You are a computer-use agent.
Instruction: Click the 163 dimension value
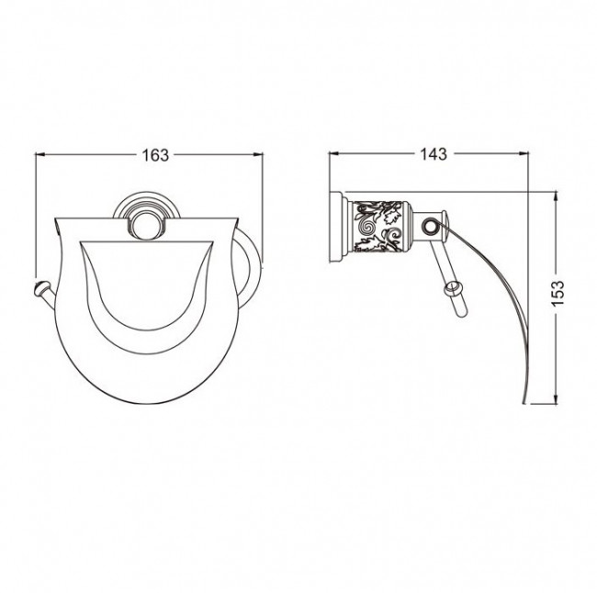pos(155,155)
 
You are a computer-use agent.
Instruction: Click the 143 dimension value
pos(434,154)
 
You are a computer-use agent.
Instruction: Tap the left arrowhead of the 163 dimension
pos(40,154)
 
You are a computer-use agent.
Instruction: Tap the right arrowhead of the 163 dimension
pos(258,154)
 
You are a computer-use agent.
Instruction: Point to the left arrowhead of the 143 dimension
pos(334,154)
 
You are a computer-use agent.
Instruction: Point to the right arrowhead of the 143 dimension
pos(524,154)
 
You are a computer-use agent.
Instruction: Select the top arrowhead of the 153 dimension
pos(556,198)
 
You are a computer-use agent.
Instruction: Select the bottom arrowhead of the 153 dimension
pos(556,398)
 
